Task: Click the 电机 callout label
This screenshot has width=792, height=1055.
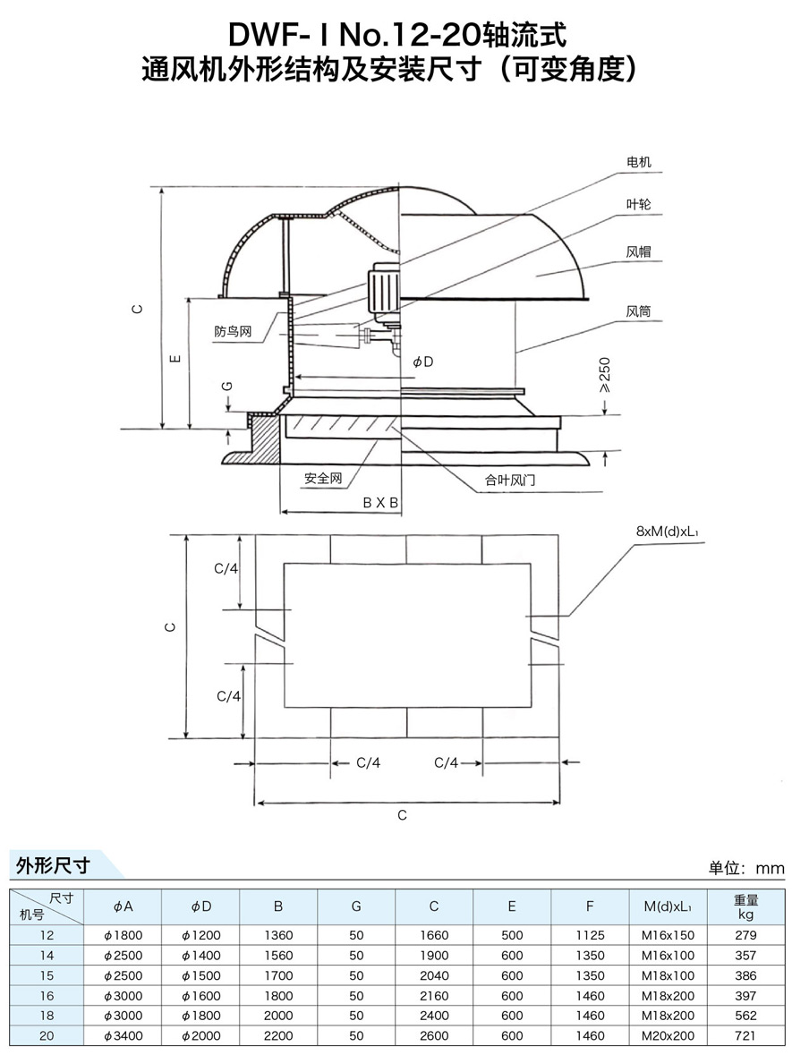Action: click(638, 163)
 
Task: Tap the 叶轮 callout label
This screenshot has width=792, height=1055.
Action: click(638, 205)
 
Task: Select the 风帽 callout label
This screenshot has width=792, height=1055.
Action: click(638, 253)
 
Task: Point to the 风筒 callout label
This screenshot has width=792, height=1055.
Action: click(638, 312)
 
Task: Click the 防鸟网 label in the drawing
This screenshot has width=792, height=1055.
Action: click(233, 331)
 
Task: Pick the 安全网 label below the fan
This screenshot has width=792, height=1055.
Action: click(323, 479)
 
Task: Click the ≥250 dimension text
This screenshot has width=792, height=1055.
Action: click(605, 376)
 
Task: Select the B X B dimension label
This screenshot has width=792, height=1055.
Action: click(380, 503)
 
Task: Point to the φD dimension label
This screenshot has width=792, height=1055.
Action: click(422, 362)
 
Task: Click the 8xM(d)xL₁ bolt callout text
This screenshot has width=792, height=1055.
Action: click(667, 532)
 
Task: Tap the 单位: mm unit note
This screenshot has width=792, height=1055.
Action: click(745, 868)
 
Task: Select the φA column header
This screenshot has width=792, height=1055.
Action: click(123, 906)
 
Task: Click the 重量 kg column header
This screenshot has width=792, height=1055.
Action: click(745, 906)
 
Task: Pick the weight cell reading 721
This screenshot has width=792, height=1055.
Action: click(745, 1035)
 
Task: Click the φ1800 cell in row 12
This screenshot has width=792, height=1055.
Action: click(123, 935)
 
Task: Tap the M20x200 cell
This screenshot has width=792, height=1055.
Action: click(669, 1035)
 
